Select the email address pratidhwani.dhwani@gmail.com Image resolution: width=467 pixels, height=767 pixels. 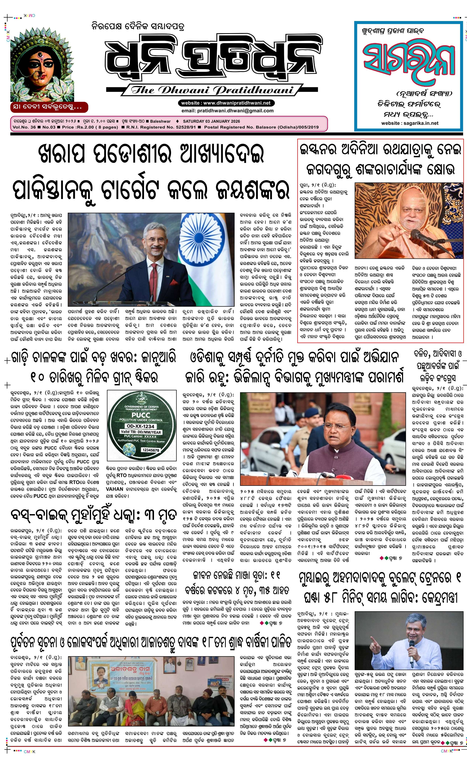tap(227, 111)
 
